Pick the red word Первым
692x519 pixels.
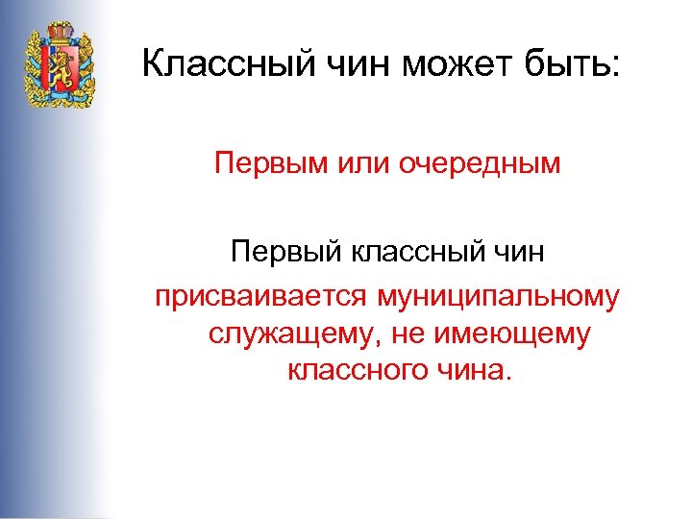[262, 162]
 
